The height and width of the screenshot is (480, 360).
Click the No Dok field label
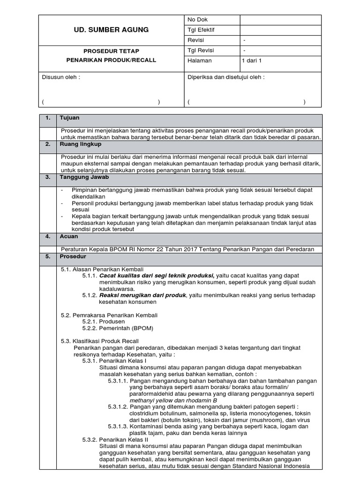pos(197,20)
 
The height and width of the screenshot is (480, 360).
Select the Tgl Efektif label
pos(201,30)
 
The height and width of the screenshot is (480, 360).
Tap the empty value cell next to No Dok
pos(280,20)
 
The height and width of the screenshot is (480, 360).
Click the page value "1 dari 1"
pos(252,60)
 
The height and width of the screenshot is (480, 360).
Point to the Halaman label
pos(200,60)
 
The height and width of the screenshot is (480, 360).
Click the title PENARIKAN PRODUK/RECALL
pos(111,60)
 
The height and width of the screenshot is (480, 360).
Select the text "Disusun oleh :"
pos(61,77)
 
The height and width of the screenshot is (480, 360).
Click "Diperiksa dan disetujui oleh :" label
pos(226,77)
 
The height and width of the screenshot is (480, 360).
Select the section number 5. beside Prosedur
pos(47,257)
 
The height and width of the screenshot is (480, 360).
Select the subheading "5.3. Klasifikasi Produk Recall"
pos(100,341)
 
